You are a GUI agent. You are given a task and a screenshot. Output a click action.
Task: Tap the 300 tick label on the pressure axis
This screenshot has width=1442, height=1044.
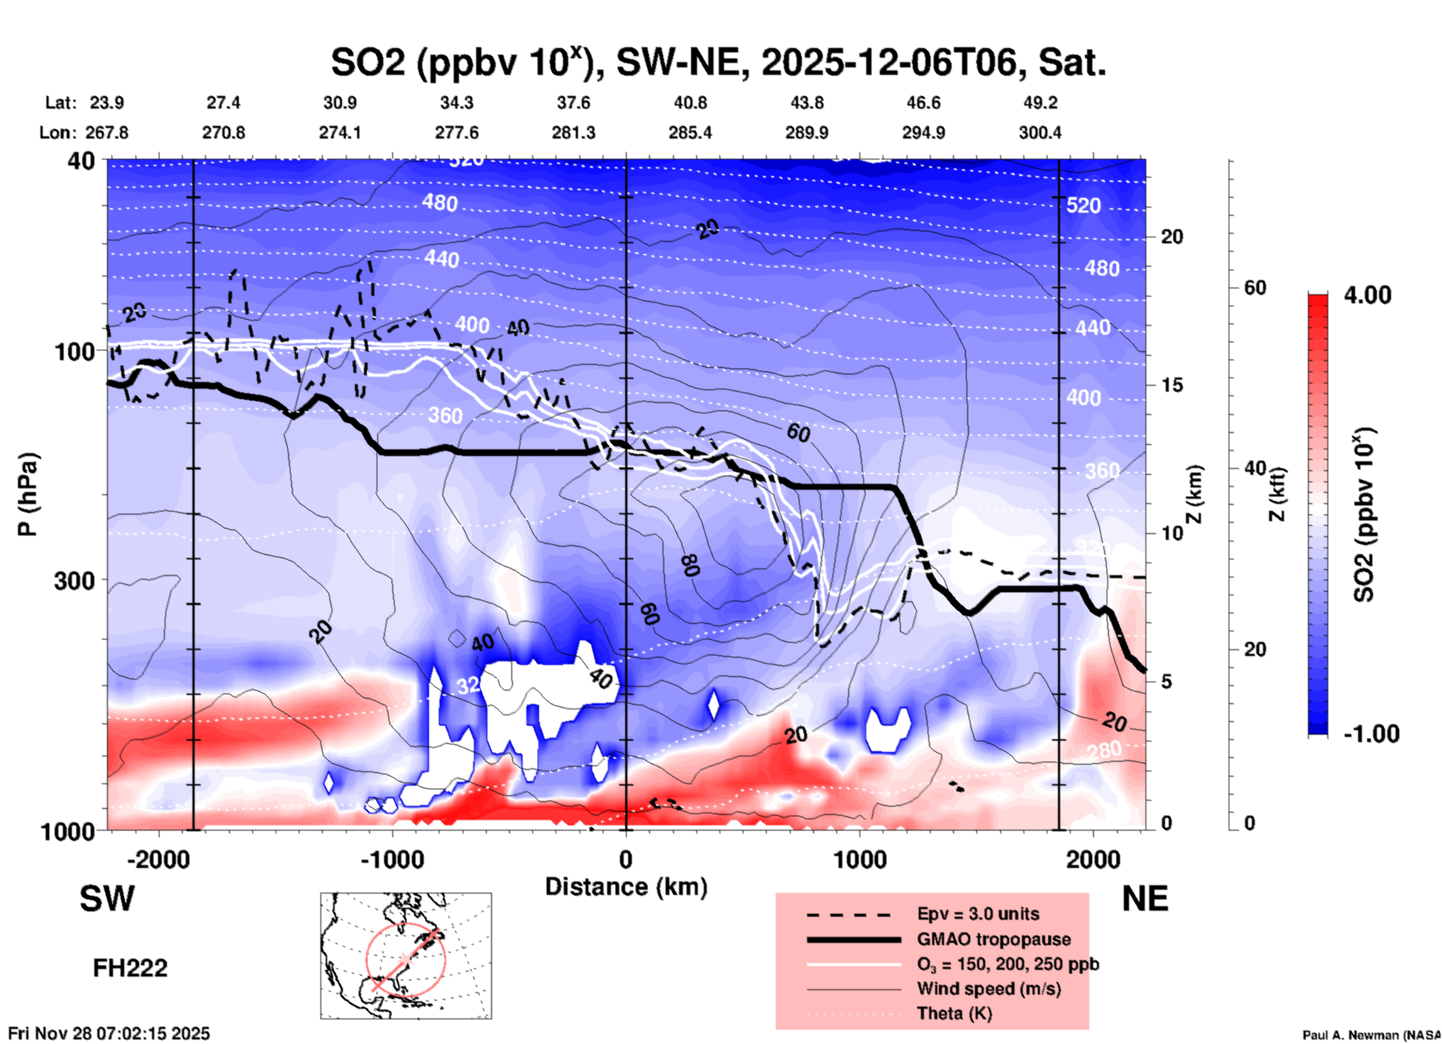[74, 580]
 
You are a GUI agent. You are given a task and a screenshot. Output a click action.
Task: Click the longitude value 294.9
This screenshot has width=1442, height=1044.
[922, 133]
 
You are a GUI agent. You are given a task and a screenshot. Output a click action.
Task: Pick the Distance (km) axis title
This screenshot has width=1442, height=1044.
[626, 887]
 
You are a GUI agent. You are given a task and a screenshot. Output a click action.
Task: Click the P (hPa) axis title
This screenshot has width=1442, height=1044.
[28, 494]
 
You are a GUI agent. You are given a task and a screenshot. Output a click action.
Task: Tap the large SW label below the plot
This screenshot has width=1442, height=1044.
[107, 899]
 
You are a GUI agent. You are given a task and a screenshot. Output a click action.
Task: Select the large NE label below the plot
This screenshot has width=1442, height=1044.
[1145, 899]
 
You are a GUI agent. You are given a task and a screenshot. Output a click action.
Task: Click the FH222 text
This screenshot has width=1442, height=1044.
[130, 968]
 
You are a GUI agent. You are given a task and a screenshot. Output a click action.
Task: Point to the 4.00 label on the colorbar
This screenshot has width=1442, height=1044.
[1367, 295]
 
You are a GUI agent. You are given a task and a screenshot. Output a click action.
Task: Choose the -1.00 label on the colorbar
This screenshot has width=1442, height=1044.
[1370, 734]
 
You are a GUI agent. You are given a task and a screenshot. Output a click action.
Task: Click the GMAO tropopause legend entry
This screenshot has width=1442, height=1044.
[994, 939]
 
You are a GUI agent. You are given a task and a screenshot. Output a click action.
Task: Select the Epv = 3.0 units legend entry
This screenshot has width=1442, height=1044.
[978, 914]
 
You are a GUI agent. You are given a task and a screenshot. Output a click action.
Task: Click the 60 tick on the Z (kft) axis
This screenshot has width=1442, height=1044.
[1255, 288]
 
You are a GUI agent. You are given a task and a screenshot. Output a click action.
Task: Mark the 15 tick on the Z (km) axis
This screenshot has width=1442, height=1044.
[1172, 385]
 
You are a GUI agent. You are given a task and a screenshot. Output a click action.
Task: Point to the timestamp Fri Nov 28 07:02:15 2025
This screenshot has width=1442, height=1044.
[109, 1034]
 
